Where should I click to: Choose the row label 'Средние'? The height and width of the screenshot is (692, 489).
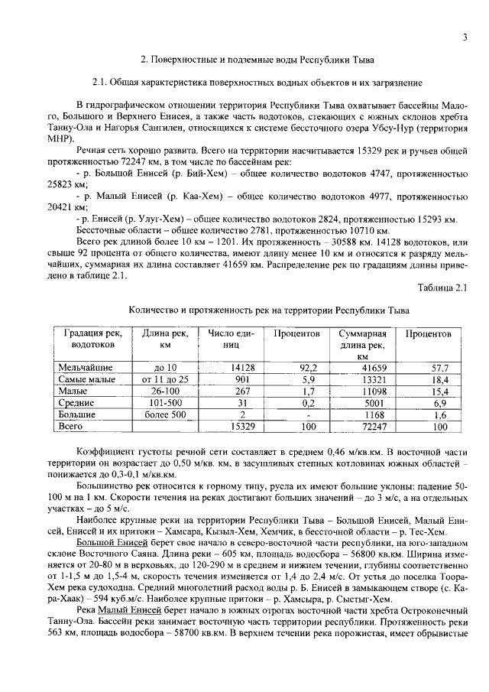point(76,402)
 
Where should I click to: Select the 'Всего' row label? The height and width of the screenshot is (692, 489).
point(72,425)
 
